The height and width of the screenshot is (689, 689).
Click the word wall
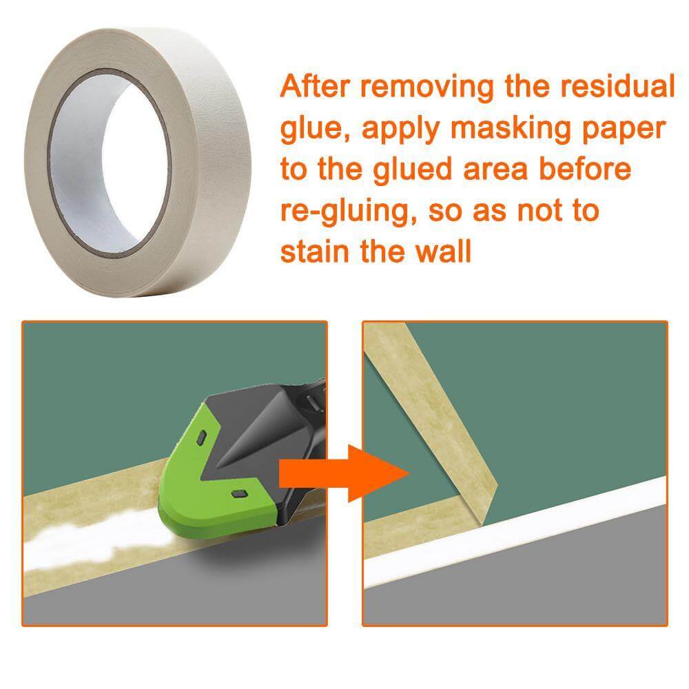pyautogui.click(x=446, y=251)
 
